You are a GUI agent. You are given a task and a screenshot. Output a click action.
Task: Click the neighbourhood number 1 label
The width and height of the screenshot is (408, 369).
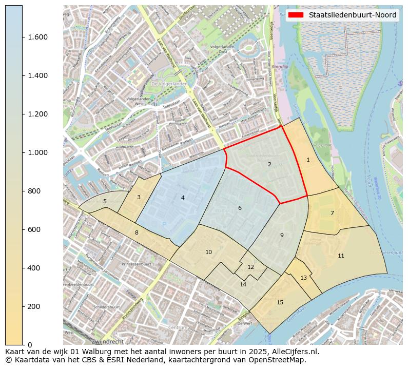click(308, 160)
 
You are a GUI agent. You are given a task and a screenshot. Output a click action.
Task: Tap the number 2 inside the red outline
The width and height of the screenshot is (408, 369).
click(269, 165)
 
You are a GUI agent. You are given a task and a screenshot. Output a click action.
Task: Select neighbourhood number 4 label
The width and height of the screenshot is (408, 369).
click(183, 198)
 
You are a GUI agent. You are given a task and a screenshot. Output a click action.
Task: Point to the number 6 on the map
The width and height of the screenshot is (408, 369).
click(240, 208)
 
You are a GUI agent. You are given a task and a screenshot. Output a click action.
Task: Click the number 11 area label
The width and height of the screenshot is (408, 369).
click(341, 256)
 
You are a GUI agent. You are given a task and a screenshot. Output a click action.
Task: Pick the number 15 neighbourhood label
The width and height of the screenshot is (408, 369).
click(280, 302)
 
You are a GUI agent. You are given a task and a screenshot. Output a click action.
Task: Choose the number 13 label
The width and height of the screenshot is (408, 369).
click(303, 278)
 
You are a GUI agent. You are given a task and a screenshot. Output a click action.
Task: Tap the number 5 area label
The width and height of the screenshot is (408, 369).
click(105, 202)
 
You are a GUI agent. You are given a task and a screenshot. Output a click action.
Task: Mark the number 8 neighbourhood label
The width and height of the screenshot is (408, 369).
click(137, 233)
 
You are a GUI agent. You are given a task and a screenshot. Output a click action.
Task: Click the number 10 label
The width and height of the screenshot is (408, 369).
click(208, 252)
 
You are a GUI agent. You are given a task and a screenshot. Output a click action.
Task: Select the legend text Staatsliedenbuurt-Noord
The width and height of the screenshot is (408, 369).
click(352, 15)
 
